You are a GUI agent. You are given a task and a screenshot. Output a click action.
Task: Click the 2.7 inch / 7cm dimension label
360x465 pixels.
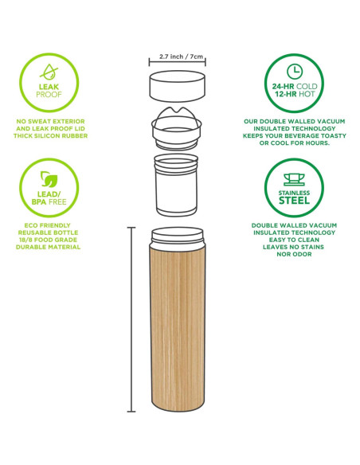point(181,57)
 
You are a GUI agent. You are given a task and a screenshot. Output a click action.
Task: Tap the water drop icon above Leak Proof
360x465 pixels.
point(49,72)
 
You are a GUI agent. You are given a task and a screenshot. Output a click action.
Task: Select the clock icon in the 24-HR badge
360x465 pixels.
point(295,72)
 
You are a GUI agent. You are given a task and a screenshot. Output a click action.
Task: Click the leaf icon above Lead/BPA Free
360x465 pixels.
point(49,179)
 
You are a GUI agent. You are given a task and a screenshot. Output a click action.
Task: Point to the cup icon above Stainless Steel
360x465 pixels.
point(294,180)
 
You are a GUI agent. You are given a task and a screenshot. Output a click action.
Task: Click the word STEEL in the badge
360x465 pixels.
point(294,201)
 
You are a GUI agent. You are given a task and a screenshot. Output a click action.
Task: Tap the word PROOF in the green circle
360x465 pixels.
point(49,95)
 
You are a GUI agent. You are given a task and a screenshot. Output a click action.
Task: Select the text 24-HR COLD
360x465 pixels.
point(295,86)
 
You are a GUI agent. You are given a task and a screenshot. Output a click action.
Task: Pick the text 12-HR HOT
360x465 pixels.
point(295,94)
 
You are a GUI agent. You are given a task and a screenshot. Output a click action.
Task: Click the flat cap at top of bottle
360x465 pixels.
point(178,86)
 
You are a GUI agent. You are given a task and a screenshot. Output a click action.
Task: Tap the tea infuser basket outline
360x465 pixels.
point(177,185)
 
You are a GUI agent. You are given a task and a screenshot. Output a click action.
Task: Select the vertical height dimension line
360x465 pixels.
point(131,319)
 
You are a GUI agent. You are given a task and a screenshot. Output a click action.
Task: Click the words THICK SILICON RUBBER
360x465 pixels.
point(50,136)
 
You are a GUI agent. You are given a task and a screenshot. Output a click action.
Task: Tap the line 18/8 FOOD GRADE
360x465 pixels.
point(48,240)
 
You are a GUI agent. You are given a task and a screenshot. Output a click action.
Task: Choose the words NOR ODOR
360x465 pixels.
point(294,254)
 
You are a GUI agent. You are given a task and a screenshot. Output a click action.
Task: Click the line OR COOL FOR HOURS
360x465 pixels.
point(294,143)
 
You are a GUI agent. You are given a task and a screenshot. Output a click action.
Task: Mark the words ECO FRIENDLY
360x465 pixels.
point(48,225)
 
